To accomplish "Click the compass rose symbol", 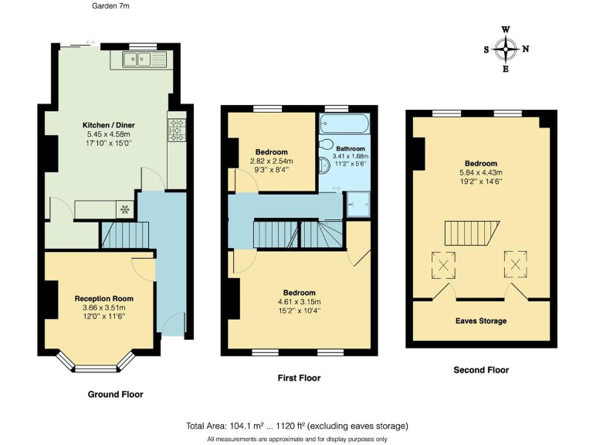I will [506, 49].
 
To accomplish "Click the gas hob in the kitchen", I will [176, 131].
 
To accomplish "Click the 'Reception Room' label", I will [103, 298].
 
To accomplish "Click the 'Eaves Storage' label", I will [481, 321].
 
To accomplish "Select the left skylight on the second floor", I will [444, 266].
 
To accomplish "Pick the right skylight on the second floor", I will [516, 263].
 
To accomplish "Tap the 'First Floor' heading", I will [299, 378].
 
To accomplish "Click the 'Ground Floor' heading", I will [117, 394].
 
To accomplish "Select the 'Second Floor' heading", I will [481, 370].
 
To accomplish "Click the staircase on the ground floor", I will [124, 235].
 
